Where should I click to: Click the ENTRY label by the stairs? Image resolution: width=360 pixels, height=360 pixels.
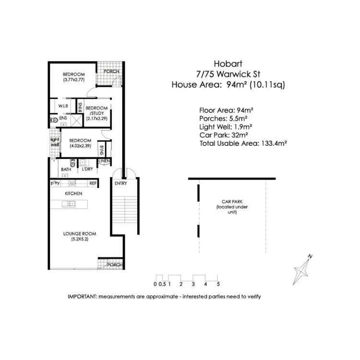(x=120, y=183)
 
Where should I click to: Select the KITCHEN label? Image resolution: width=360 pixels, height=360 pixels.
(x=73, y=193)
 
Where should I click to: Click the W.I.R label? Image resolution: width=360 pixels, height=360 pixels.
(x=62, y=106)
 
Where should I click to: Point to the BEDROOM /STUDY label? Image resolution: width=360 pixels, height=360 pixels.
(x=96, y=110)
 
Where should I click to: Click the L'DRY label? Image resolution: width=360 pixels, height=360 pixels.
(x=87, y=169)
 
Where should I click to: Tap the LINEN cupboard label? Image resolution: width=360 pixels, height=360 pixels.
(x=105, y=161)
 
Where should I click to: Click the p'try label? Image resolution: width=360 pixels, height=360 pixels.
(x=55, y=183)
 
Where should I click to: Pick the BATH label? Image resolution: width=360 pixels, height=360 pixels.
(x=66, y=169)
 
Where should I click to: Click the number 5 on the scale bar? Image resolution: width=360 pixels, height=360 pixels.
(x=218, y=284)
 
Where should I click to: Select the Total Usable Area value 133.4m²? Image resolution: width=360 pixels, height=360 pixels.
(x=273, y=143)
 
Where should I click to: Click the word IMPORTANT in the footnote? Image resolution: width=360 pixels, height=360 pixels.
(x=82, y=296)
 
